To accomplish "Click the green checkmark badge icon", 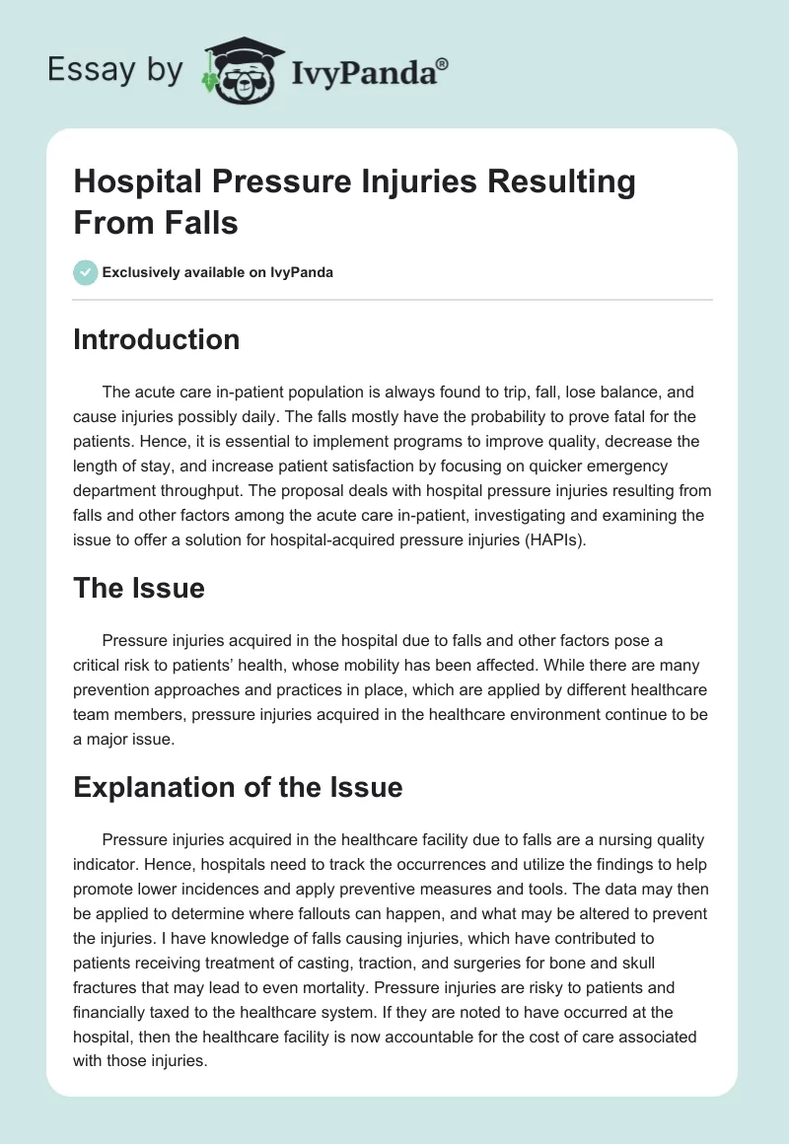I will coord(85,272).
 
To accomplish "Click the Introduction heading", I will coord(157,340).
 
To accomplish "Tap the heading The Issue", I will coord(139,589).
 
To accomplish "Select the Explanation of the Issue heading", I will coord(238,787).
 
